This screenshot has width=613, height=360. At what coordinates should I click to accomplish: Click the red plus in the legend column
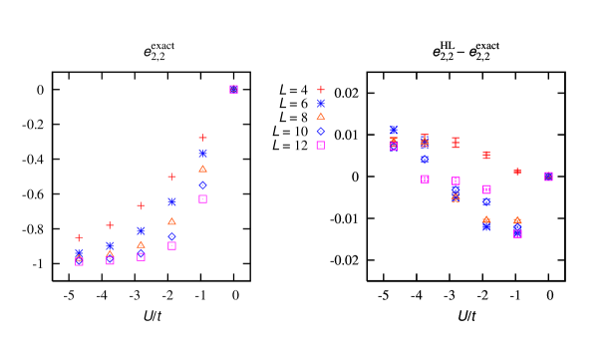321,90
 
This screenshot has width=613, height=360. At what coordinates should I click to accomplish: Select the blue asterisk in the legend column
321,103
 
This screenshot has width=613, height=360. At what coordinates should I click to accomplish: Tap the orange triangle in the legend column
321,117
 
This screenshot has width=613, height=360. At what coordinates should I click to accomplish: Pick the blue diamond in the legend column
321,131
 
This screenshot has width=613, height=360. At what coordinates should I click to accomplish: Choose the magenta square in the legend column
321,145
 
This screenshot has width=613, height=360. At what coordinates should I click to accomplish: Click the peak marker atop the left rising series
233,90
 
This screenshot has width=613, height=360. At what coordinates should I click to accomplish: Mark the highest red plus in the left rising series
202,138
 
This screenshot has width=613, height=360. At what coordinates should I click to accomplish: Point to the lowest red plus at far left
79,237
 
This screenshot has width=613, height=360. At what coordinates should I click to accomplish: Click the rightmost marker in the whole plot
548,177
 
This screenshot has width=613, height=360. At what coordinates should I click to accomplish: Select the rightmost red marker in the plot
517,172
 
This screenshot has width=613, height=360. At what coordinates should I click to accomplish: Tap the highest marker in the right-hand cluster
394,130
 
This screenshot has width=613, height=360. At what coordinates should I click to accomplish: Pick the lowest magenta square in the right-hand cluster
517,233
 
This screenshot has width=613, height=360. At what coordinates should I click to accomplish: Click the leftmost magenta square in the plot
79,261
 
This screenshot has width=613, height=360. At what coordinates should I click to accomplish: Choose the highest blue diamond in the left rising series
202,184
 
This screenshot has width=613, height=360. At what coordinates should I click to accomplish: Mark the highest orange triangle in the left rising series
202,169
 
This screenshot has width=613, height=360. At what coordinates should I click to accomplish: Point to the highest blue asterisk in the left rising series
202,154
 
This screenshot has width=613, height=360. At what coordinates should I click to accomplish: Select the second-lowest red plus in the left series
110,224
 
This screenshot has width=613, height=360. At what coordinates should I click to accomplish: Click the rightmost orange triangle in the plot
517,220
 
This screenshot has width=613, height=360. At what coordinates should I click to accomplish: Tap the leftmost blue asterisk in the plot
79,252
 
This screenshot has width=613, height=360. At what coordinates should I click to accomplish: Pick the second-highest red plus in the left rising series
171,177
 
